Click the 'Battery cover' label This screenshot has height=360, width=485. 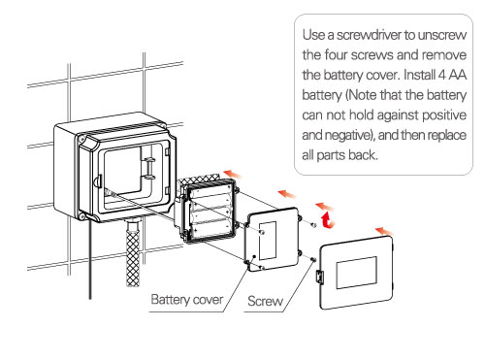click(x=187, y=300)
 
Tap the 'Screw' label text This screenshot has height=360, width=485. click(x=265, y=301)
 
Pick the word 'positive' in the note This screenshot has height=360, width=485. click(x=444, y=115)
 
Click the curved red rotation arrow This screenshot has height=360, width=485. click(x=327, y=220)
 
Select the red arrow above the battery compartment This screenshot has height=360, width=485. click(x=233, y=174)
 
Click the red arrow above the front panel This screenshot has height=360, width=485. click(x=384, y=232)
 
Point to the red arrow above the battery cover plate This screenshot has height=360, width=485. click(x=287, y=194)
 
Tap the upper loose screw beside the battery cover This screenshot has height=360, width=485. click(x=313, y=224)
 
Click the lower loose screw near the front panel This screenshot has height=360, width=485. click(x=312, y=259)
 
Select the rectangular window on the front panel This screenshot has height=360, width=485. click(x=357, y=273)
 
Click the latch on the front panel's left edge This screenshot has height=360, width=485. click(x=320, y=277)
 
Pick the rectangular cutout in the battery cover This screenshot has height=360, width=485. click(x=268, y=241)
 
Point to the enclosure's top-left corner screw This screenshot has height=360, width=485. click(x=81, y=139)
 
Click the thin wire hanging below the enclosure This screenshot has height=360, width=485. click(x=90, y=259)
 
